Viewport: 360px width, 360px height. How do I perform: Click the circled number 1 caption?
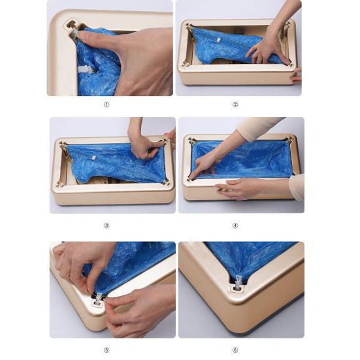coord(106,105)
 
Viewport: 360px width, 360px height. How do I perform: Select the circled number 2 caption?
coord(235,105)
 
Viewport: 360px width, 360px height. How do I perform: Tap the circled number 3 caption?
coord(106,225)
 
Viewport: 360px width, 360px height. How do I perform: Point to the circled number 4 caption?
coord(235,225)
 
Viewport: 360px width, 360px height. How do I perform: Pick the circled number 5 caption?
coord(106,350)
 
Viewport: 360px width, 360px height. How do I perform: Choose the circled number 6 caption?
coord(235,350)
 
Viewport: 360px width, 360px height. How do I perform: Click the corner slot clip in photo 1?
coord(72,28)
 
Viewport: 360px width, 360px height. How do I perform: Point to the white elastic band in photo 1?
coord(83,68)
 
